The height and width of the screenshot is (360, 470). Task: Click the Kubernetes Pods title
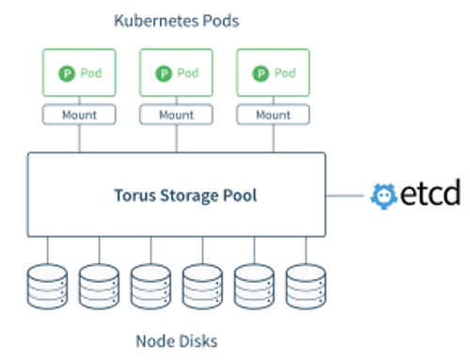click(176, 19)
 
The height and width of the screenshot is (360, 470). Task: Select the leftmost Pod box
click(78, 73)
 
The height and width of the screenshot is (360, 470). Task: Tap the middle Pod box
click(176, 73)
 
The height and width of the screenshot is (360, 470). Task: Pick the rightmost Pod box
click(273, 73)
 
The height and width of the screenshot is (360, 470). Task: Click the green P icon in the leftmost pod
click(63, 72)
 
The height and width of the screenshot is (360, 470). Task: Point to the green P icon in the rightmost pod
click(258, 72)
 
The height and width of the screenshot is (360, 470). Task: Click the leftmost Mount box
click(78, 116)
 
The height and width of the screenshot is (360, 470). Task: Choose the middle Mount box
click(176, 116)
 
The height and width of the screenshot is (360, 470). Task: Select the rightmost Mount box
click(273, 116)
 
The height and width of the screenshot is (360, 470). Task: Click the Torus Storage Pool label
click(176, 196)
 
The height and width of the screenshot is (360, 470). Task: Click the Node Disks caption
click(176, 339)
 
